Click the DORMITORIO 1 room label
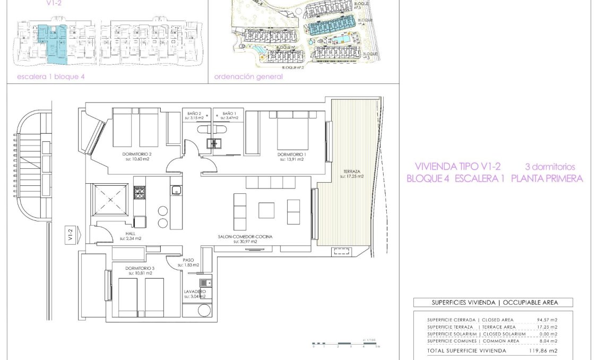click(x=291, y=155)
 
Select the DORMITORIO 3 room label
click(x=140, y=268)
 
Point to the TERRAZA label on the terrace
click(x=352, y=172)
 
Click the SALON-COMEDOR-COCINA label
click(x=245, y=237)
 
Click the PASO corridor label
click(x=188, y=260)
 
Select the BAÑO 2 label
click(x=195, y=113)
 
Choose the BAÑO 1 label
click(x=229, y=113)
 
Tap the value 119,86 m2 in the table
click(x=546, y=351)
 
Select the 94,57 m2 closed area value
click(x=547, y=320)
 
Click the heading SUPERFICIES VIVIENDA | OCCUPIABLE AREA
click(x=494, y=302)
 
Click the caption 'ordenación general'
click(x=248, y=76)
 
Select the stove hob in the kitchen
click(x=140, y=192)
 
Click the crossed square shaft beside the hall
click(x=110, y=199)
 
